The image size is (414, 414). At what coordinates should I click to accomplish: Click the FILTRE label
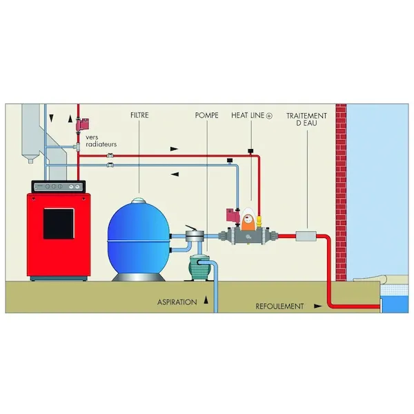click(139, 115)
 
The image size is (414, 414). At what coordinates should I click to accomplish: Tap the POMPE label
click(206, 115)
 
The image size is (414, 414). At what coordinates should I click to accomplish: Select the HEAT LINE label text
click(248, 115)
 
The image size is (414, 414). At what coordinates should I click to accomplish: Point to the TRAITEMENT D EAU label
click(306, 119)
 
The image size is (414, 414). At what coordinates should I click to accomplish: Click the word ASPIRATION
click(177, 302)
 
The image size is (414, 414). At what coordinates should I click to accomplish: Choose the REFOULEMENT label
click(279, 306)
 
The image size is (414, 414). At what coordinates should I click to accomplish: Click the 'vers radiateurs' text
click(101, 141)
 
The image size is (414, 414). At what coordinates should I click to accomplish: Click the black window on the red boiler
click(59, 224)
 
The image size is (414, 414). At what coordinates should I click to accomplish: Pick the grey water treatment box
click(306, 236)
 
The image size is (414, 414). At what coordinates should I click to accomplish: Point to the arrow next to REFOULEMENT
click(317, 306)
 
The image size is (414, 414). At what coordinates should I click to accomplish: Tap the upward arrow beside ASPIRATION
click(206, 300)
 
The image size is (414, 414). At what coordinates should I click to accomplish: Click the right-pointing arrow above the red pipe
click(174, 149)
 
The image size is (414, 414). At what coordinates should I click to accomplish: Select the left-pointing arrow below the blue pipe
click(175, 175)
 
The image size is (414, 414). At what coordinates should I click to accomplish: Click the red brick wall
click(341, 193)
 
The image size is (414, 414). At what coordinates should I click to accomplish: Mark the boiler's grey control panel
click(59, 187)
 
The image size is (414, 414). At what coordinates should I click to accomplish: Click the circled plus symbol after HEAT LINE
click(269, 116)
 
